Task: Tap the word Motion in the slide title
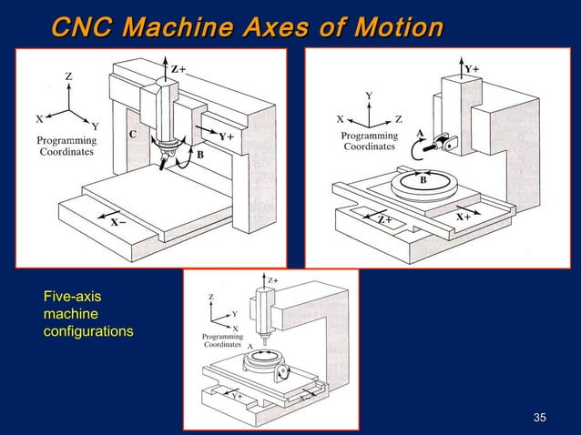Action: pos(392,26)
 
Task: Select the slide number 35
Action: pos(539,418)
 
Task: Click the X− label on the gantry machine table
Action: pos(117,221)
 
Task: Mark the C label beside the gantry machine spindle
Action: pos(132,135)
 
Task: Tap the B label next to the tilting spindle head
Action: pos(199,156)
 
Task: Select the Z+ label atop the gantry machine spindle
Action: pos(178,68)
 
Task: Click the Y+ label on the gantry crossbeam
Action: pos(226,137)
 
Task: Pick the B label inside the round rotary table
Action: pos(423,180)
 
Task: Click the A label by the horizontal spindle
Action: pos(420,133)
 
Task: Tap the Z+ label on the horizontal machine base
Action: pos(385,219)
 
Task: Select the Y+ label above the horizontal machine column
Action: pos(473,68)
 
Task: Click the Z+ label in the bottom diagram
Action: pos(272,279)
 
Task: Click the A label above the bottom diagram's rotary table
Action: pos(250,346)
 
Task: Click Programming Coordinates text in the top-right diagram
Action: pos(369,140)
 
